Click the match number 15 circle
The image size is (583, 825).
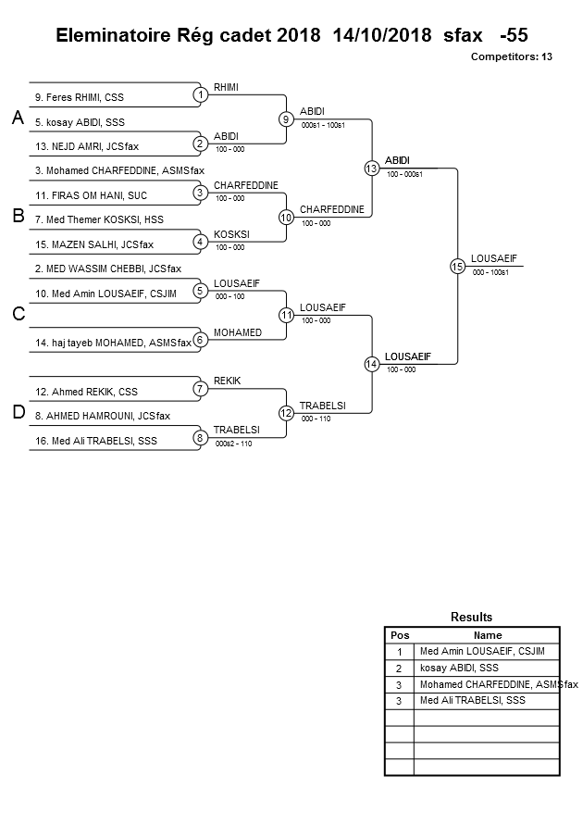click(x=457, y=267)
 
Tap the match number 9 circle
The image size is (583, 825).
click(x=286, y=119)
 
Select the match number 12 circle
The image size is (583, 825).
click(x=286, y=412)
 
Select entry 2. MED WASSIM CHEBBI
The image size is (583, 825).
click(x=108, y=269)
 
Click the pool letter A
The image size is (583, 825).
click(x=17, y=119)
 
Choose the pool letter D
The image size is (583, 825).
click(x=18, y=413)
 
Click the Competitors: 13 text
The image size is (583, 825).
click(x=511, y=56)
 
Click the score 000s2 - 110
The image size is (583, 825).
click(x=233, y=444)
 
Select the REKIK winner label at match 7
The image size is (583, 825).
click(x=228, y=381)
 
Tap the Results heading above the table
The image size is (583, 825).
click(x=471, y=617)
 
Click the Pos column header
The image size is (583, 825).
click(x=399, y=635)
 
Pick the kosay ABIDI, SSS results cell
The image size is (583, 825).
click(x=459, y=668)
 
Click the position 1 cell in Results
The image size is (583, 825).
click(x=399, y=652)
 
